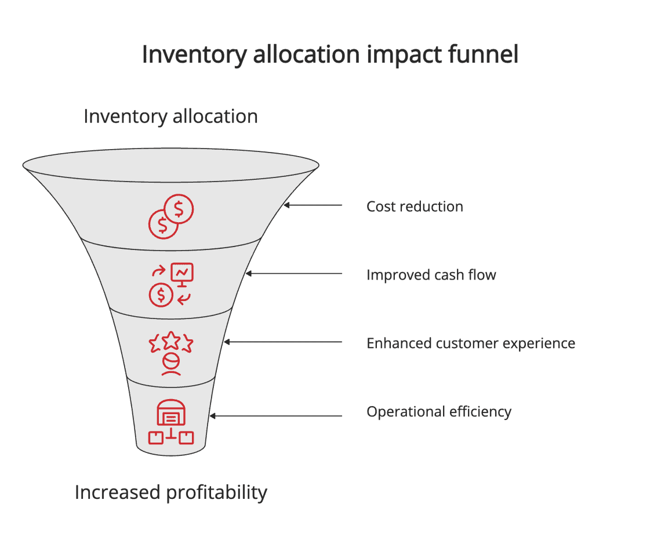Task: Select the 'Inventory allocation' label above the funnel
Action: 170,116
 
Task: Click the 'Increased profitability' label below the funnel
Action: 170,492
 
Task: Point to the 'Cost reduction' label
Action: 415,207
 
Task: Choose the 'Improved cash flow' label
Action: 431,274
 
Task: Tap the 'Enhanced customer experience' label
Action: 470,343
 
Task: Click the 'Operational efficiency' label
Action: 438,412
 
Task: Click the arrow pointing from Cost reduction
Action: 313,205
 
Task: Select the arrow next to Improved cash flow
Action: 294,274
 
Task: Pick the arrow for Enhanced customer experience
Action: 284,342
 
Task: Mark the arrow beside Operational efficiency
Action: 276,416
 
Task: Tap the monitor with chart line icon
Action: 181,274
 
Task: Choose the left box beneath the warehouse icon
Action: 156,437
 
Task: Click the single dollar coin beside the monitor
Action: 161,295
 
